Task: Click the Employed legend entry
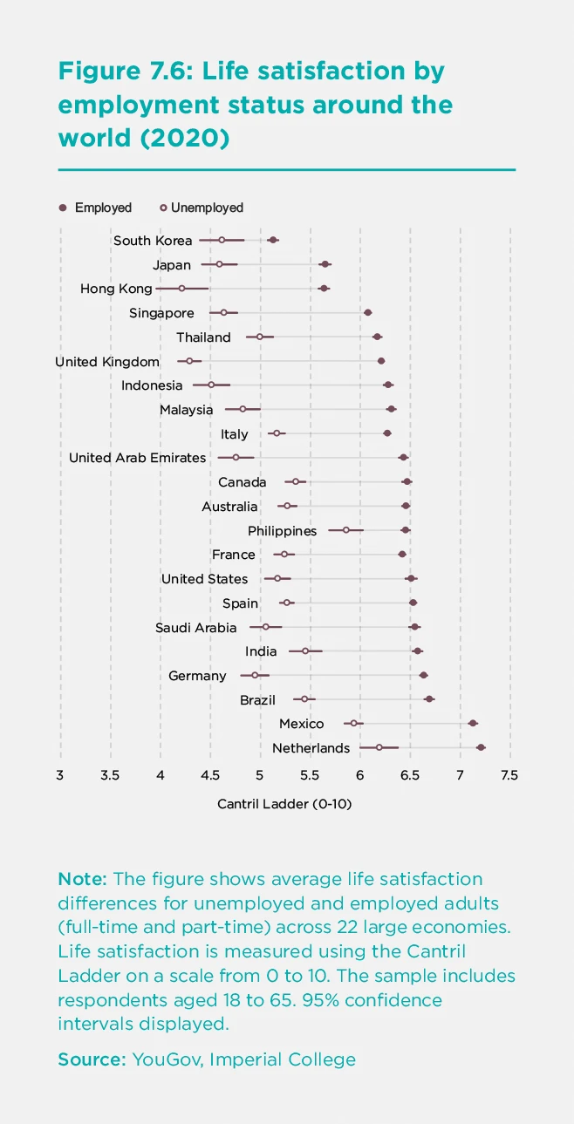(95, 208)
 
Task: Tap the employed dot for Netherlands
(481, 747)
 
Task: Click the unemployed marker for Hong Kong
(182, 288)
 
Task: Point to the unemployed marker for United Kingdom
(189, 360)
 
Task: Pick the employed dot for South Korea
(273, 240)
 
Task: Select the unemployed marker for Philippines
(345, 529)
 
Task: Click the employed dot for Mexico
(473, 723)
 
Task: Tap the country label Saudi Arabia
(195, 628)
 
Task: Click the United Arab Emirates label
(137, 458)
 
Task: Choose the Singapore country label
(161, 313)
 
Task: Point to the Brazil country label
(258, 700)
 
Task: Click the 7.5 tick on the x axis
(509, 775)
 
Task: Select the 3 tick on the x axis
(60, 775)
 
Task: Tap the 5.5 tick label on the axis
(310, 775)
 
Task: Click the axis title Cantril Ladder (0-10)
(284, 804)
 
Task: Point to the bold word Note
(83, 878)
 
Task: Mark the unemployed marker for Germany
(255, 675)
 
